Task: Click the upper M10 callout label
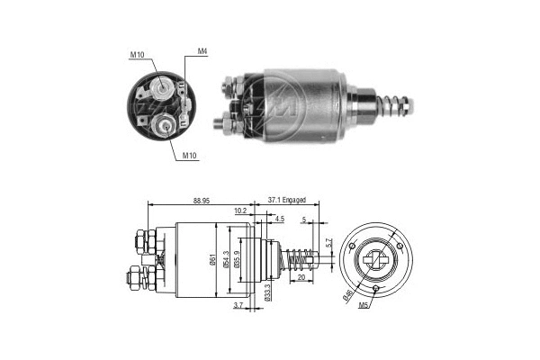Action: [x=137, y=55]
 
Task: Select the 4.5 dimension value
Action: [x=280, y=219]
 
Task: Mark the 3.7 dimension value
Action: [x=237, y=307]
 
